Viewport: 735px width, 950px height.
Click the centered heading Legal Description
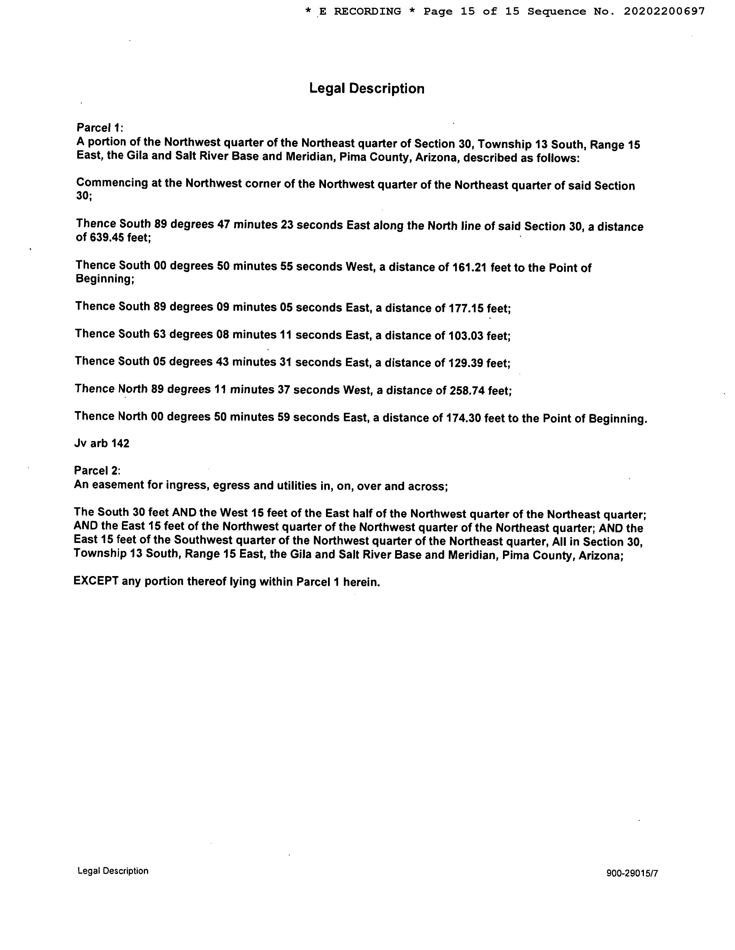click(x=367, y=88)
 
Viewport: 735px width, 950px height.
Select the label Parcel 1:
click(x=100, y=128)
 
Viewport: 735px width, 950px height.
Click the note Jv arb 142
click(x=102, y=443)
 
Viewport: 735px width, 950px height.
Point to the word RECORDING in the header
click(x=367, y=12)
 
